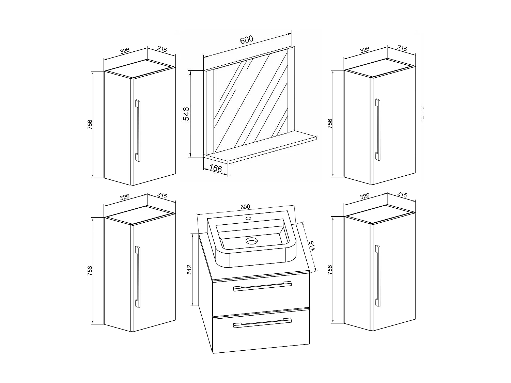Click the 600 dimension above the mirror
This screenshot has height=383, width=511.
pyautogui.click(x=246, y=39)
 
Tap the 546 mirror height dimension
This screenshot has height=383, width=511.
pyautogui.click(x=186, y=114)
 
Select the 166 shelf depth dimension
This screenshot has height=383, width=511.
pyautogui.click(x=215, y=168)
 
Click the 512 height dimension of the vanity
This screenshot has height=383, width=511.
pyautogui.click(x=190, y=269)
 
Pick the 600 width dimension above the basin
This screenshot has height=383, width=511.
pyautogui.click(x=245, y=207)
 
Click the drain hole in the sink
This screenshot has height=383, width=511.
pyautogui.click(x=252, y=241)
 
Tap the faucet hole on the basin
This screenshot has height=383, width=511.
pyautogui.click(x=248, y=218)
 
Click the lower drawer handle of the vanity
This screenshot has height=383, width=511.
pyautogui.click(x=262, y=323)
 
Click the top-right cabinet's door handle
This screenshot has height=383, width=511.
pyautogui.click(x=377, y=129)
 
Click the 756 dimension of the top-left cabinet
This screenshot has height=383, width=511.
pyautogui.click(x=90, y=124)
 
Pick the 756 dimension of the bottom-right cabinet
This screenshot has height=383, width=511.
pyautogui.click(x=329, y=270)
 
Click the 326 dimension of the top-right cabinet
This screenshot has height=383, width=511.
pyautogui.click(x=365, y=50)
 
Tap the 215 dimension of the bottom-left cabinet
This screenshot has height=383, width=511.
pyautogui.click(x=162, y=196)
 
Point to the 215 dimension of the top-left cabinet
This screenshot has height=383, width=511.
pyautogui.click(x=162, y=49)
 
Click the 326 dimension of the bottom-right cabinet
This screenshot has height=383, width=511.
pyautogui.click(x=365, y=196)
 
